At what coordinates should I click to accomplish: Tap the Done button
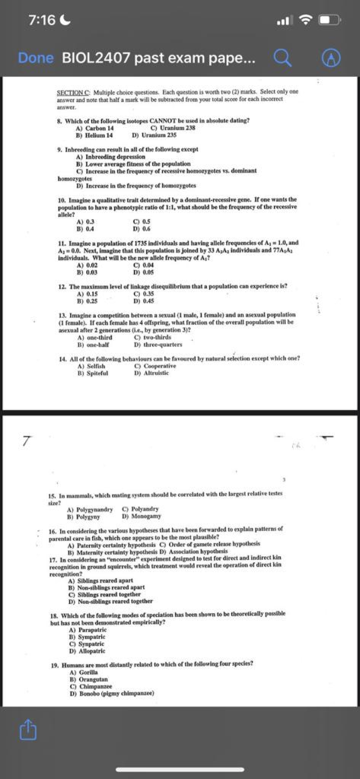tap(36, 58)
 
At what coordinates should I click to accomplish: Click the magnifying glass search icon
tap(282, 58)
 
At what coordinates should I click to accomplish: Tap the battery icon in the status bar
tap(330, 21)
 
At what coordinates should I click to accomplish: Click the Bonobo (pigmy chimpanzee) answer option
tap(111, 693)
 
